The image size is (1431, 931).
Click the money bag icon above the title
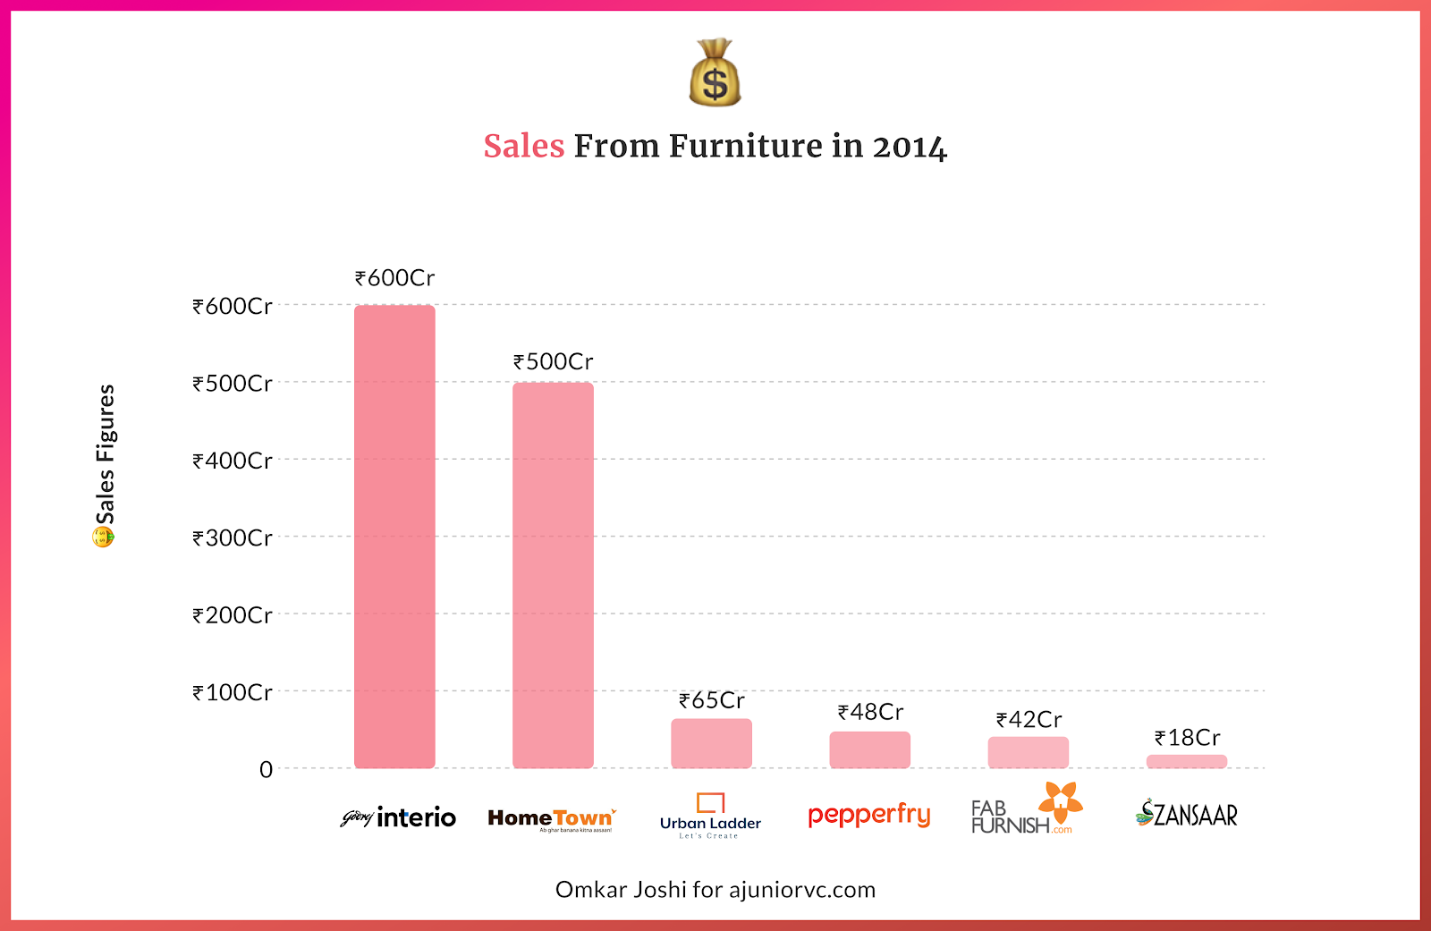pos(715,73)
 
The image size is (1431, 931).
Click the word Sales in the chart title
pos(524,146)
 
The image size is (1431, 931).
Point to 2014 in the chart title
pos(909,147)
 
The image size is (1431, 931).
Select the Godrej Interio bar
pos(394,537)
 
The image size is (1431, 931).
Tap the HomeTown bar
pos(553,575)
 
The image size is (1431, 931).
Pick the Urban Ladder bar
pos(711,743)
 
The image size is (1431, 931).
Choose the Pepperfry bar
pos(869,749)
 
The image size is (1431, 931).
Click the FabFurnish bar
pos(1028,752)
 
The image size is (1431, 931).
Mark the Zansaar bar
pos(1186,761)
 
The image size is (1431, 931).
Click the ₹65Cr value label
pos(711,700)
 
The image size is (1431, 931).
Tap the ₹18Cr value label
pos(1187,738)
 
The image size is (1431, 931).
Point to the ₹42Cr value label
pos(1029,720)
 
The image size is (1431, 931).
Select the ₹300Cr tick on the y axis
pos(233,537)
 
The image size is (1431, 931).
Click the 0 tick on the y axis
pos(266,769)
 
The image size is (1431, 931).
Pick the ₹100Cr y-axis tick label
pos(233,692)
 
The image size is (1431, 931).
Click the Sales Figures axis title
pos(106,454)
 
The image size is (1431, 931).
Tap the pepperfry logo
pos(868,815)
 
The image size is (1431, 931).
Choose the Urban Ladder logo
pos(710,816)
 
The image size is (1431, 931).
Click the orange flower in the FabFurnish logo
pos(1061,800)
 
